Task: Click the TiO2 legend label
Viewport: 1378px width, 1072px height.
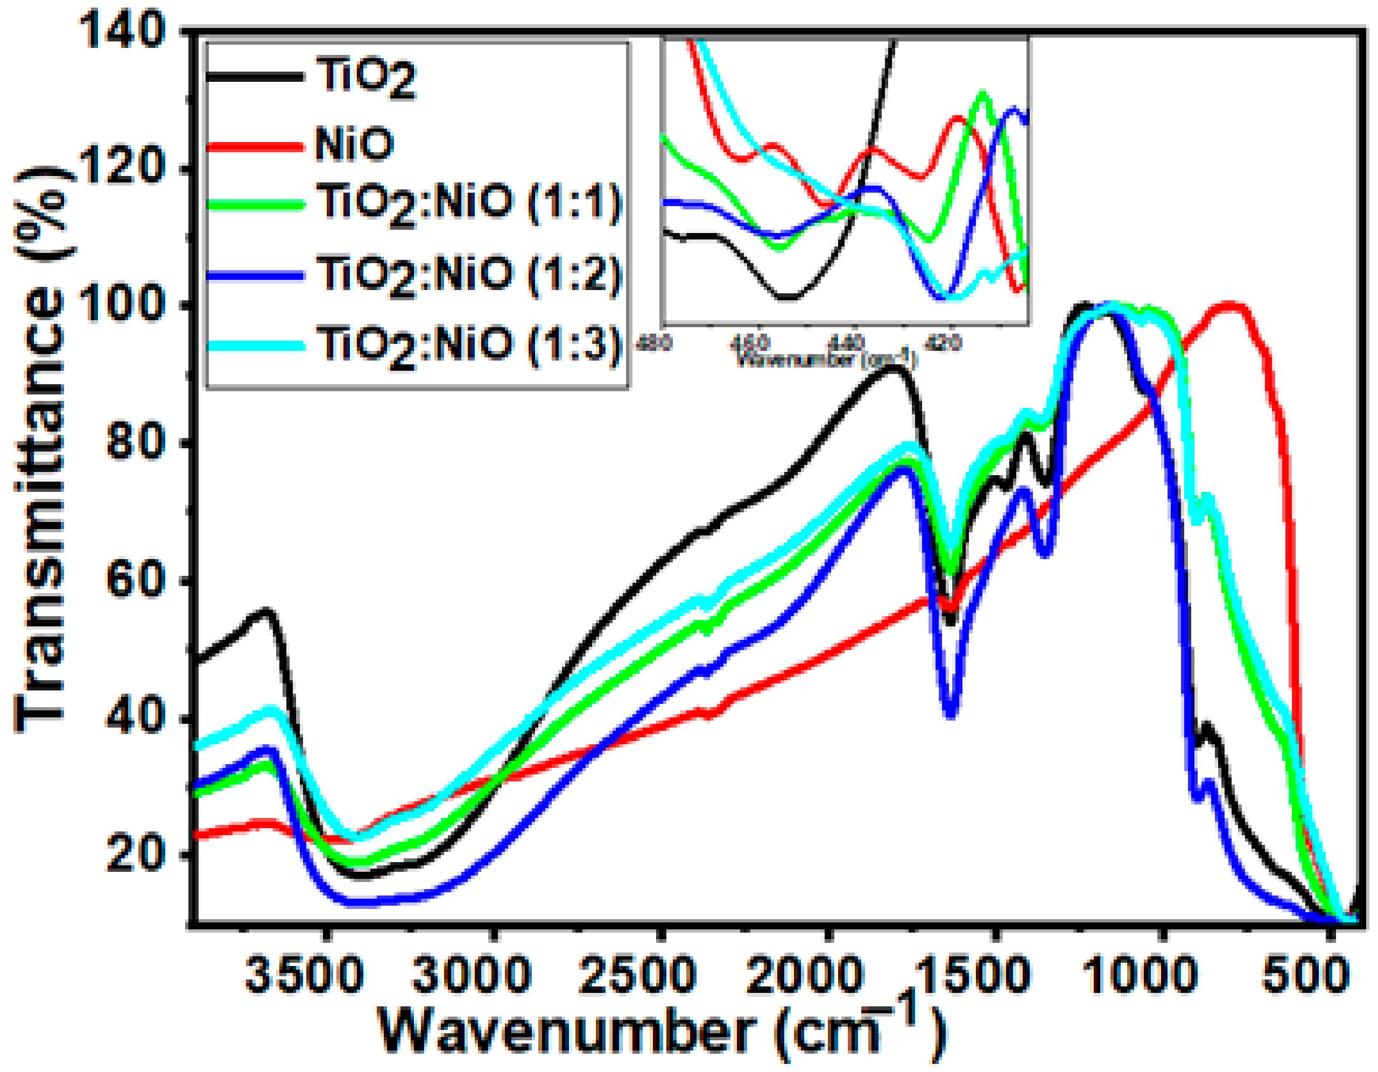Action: pos(366,78)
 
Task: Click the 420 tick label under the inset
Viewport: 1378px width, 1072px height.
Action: pos(945,343)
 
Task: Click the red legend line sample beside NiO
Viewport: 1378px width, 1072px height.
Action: pos(256,146)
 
